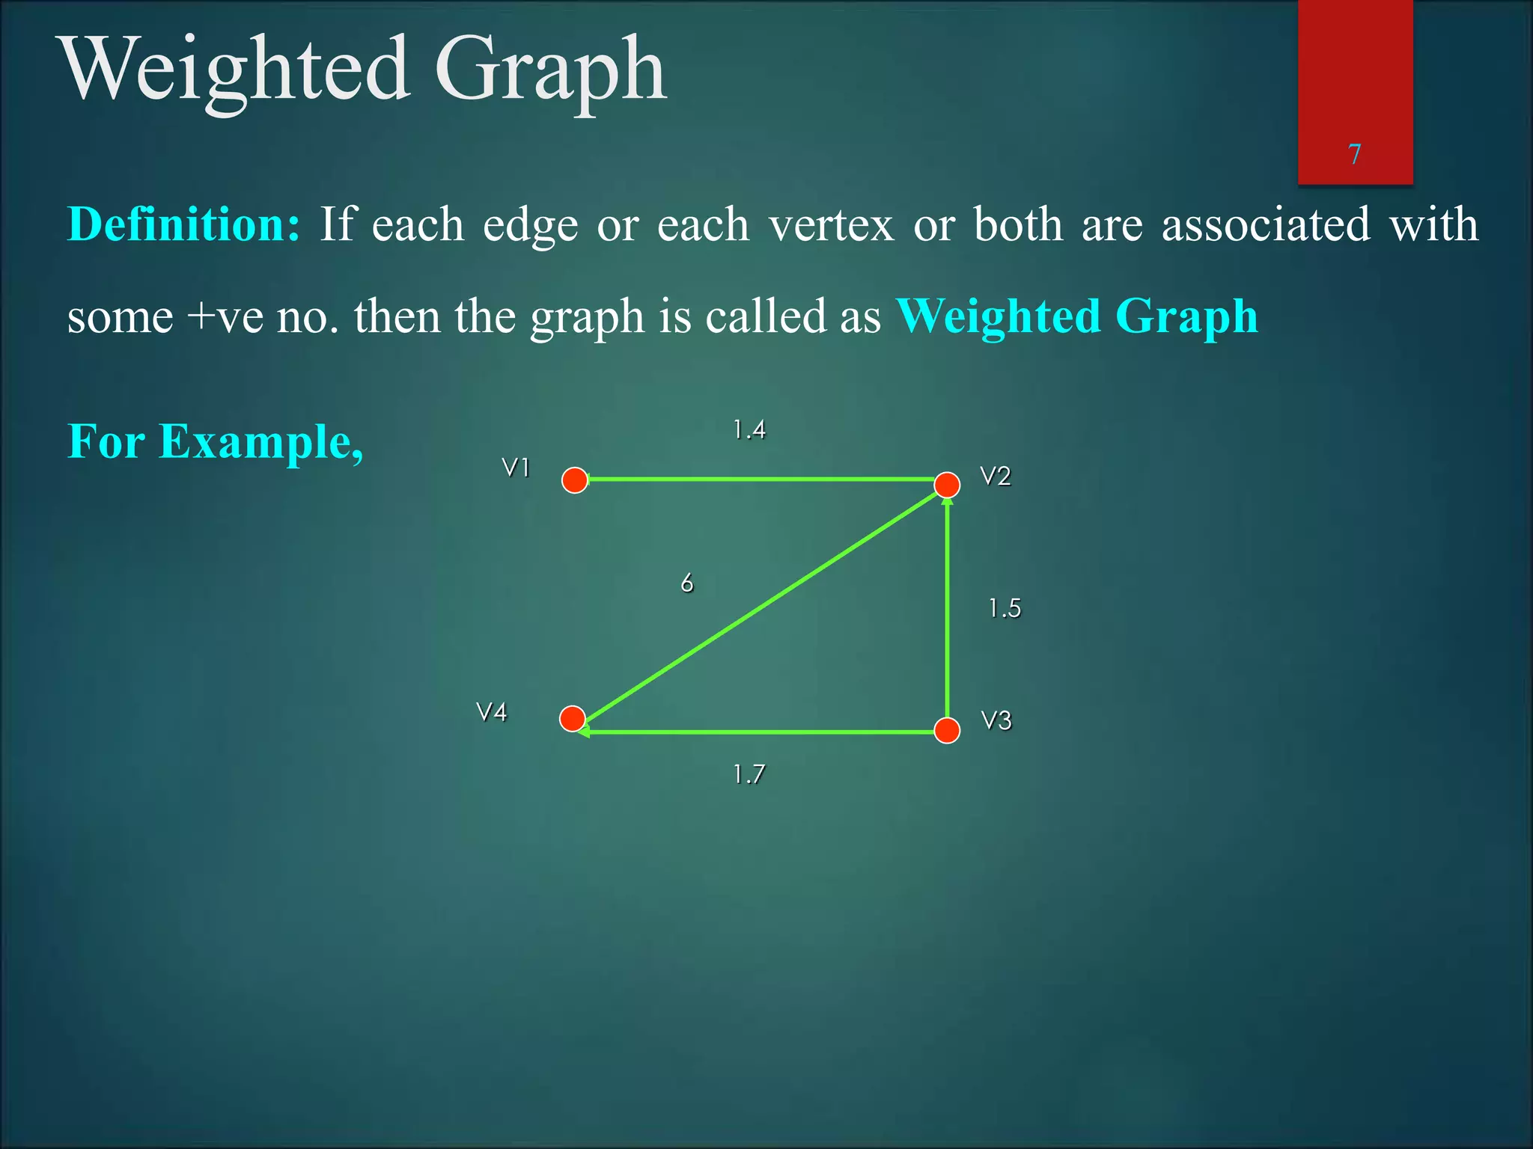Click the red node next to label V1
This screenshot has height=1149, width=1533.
[x=575, y=480]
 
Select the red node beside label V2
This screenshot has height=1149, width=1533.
[x=947, y=485]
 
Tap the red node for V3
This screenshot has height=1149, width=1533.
[x=947, y=730]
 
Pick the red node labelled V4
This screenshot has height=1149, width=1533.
[x=573, y=719]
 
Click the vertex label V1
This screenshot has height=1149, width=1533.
[x=516, y=468]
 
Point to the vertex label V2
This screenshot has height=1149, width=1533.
[x=996, y=477]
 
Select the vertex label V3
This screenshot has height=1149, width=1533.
[x=996, y=721]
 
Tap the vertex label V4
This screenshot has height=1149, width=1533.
[x=492, y=712]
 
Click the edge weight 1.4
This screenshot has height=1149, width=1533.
[x=749, y=430]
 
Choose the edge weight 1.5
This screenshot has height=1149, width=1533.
[x=1005, y=608]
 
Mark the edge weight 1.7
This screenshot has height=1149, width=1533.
[x=749, y=774]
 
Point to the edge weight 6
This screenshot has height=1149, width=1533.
[x=687, y=583]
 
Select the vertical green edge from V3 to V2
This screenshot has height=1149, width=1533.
[x=948, y=613]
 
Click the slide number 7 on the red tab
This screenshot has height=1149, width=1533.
[x=1354, y=154]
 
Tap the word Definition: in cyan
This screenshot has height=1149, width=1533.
[x=184, y=224]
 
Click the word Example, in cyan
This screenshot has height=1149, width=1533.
[x=261, y=441]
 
